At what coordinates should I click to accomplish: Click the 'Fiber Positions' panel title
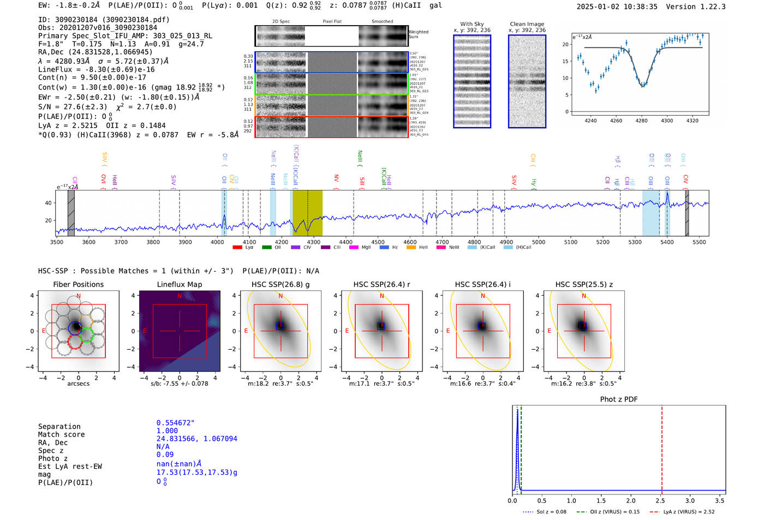(x=78, y=284)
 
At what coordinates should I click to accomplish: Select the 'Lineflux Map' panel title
(x=179, y=284)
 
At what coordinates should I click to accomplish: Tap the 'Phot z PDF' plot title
(x=619, y=399)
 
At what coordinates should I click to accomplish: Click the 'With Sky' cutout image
(x=472, y=81)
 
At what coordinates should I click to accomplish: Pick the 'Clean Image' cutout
(x=527, y=81)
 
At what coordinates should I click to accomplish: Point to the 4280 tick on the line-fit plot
(x=641, y=121)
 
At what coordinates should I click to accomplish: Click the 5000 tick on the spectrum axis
(x=539, y=242)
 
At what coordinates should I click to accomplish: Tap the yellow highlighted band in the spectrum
(x=307, y=213)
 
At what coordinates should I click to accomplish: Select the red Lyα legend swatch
(x=237, y=247)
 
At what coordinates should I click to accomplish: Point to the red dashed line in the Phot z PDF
(x=662, y=447)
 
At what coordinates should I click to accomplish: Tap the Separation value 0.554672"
(x=175, y=423)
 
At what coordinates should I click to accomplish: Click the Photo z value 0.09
(x=165, y=455)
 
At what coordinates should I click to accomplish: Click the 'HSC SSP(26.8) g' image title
(x=280, y=284)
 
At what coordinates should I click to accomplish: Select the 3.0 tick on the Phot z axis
(x=690, y=500)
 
